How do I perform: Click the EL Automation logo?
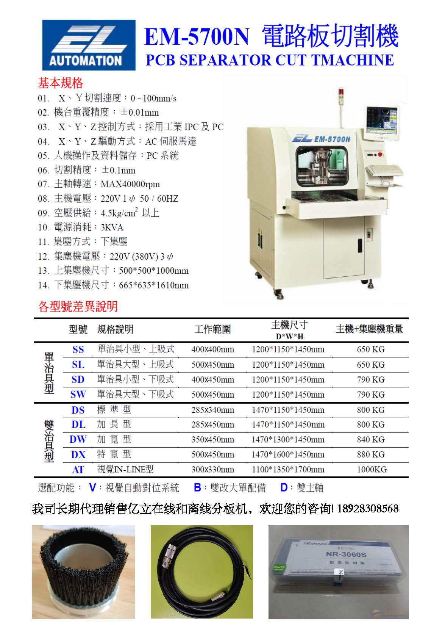click(x=89, y=45)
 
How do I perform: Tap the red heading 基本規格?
click(x=61, y=83)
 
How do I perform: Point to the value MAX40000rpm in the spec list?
click(x=130, y=184)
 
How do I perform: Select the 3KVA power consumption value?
click(x=112, y=227)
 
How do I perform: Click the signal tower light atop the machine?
click(x=341, y=92)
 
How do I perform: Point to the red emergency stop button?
click(x=379, y=154)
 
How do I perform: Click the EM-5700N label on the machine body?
click(x=333, y=139)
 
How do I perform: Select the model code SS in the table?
click(x=78, y=349)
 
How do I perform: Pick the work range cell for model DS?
click(x=213, y=410)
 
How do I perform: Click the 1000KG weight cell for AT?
click(x=372, y=470)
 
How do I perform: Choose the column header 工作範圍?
click(x=213, y=329)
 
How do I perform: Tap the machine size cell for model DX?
click(x=288, y=454)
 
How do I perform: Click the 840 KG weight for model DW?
click(x=371, y=439)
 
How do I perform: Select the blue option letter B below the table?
click(x=197, y=487)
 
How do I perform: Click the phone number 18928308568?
click(x=368, y=509)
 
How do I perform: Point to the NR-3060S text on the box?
click(x=346, y=554)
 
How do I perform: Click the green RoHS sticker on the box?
click(x=279, y=567)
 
